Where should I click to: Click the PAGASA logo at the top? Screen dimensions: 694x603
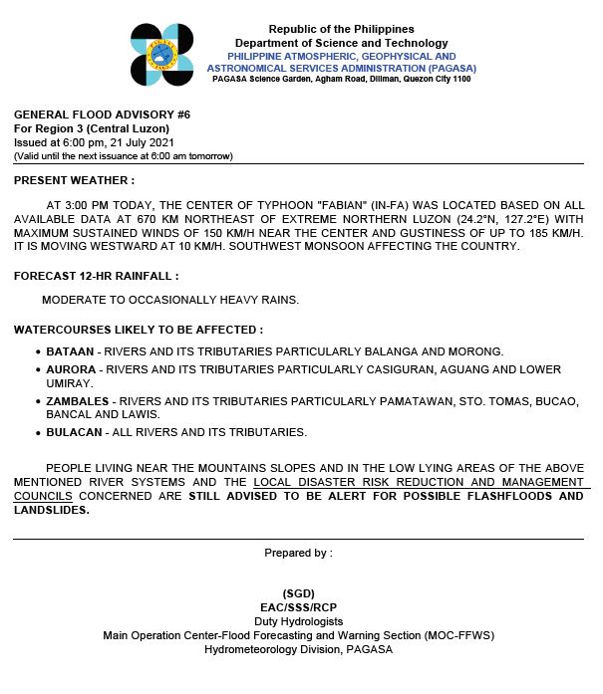(x=162, y=55)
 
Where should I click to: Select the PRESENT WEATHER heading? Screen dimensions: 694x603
(x=74, y=180)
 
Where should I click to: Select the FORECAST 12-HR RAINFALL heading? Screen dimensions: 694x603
(x=96, y=274)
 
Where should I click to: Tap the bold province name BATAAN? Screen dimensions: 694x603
(x=70, y=351)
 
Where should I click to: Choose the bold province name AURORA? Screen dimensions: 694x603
(x=71, y=369)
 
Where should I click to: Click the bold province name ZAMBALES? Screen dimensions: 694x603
(x=77, y=401)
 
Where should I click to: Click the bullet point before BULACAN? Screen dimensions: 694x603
(x=37, y=433)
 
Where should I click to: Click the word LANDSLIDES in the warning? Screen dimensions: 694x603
(x=51, y=510)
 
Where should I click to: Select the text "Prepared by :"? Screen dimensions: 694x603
(x=298, y=553)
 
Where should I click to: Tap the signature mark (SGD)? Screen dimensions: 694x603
(x=298, y=593)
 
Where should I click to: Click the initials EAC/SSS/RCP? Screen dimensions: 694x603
(x=298, y=607)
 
